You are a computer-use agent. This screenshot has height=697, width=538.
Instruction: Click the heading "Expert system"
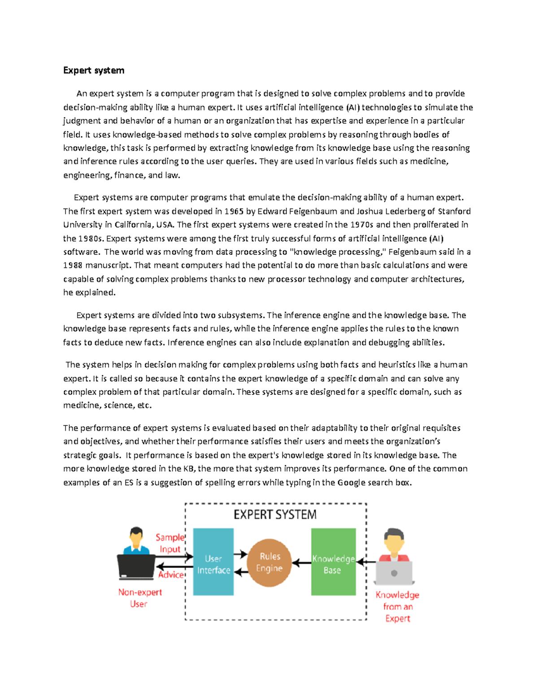pyautogui.click(x=94, y=70)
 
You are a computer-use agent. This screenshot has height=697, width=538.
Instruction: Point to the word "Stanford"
pyautogui.click(x=454, y=211)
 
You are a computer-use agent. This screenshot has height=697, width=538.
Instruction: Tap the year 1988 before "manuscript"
pyautogui.click(x=73, y=265)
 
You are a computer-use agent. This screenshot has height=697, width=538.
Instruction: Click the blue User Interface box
pyautogui.click(x=213, y=562)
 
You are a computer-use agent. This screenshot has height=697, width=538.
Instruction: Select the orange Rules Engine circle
pyautogui.click(x=269, y=562)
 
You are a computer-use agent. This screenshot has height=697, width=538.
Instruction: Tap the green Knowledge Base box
pyautogui.click(x=333, y=562)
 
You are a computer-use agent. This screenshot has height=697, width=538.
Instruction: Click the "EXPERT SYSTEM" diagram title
pyautogui.click(x=275, y=514)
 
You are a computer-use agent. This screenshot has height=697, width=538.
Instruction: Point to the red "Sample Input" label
pyautogui.click(x=170, y=543)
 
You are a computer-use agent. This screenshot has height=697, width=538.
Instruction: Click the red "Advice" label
pyautogui.click(x=171, y=575)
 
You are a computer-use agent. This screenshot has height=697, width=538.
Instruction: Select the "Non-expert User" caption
pyautogui.click(x=139, y=598)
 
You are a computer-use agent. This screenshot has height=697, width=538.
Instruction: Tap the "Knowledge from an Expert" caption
pyautogui.click(x=397, y=606)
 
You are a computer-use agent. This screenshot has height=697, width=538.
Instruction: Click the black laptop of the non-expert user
pyautogui.click(x=136, y=566)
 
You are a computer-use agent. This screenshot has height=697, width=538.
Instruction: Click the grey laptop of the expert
pyautogui.click(x=394, y=572)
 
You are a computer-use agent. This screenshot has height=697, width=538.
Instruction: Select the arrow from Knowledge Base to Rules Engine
pyautogui.click(x=302, y=562)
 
